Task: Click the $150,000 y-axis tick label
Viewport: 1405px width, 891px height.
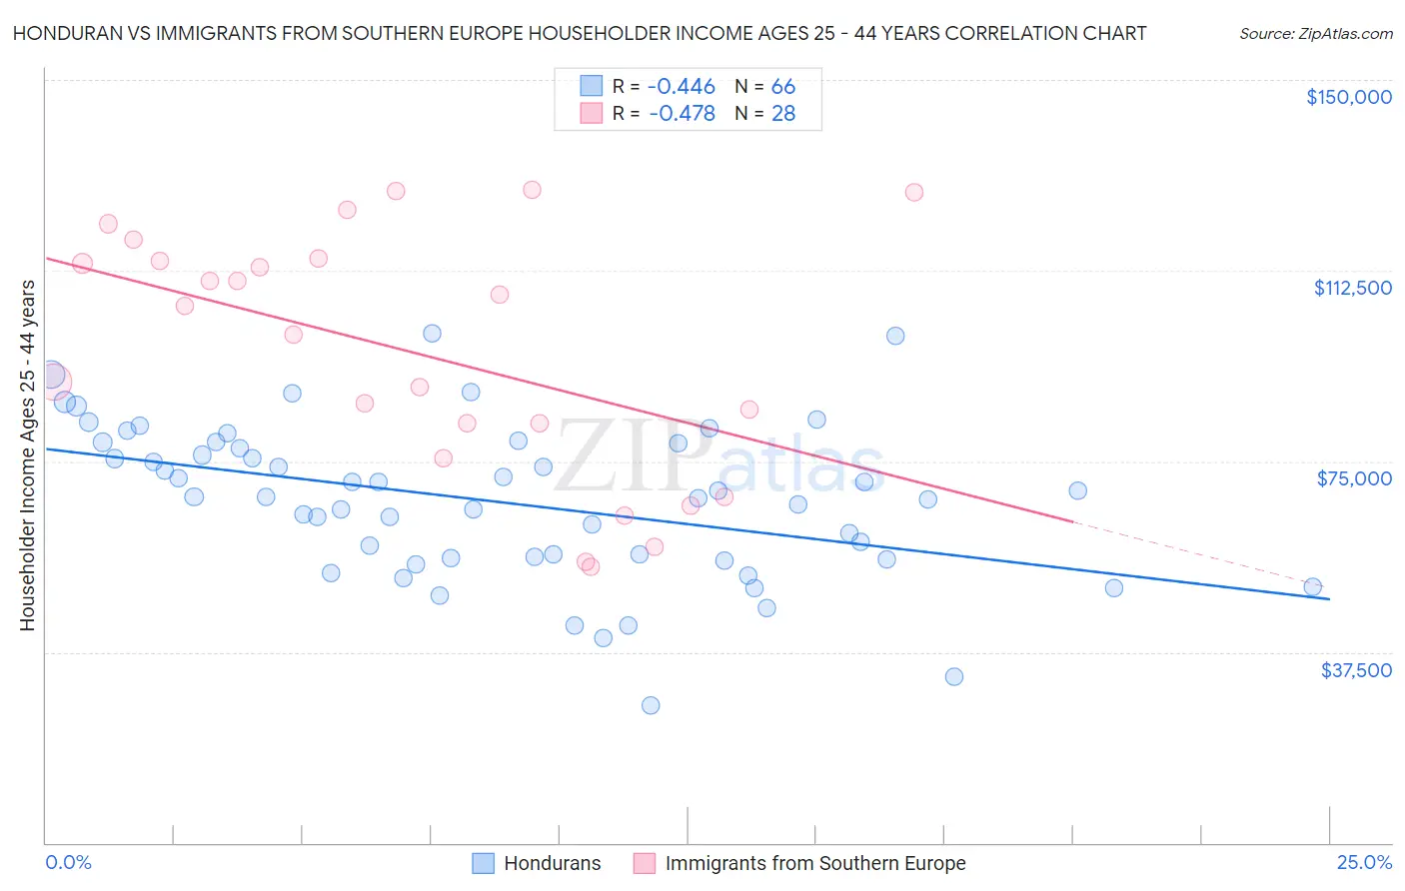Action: (x=1348, y=97)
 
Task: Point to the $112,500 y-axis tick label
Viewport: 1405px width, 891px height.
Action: (x=1351, y=288)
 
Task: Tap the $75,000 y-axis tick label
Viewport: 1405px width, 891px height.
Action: (x=1353, y=478)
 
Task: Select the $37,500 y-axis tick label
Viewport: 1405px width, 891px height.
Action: (x=1355, y=670)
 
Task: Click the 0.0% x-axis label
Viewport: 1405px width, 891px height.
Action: (x=68, y=862)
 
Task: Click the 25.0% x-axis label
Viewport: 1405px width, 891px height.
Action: (x=1364, y=862)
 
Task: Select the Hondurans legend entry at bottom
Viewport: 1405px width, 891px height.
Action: (x=552, y=863)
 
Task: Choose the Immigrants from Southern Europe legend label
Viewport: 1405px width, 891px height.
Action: (x=814, y=863)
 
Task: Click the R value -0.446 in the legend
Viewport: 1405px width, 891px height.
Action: (x=682, y=87)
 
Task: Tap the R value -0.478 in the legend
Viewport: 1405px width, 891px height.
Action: (x=682, y=114)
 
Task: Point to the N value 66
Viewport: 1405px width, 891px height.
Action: (x=782, y=87)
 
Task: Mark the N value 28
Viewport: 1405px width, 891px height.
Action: (x=782, y=114)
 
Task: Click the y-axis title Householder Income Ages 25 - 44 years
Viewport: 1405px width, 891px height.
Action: (x=28, y=455)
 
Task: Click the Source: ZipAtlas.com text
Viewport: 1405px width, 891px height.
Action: (x=1315, y=34)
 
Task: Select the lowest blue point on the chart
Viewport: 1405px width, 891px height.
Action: (x=651, y=705)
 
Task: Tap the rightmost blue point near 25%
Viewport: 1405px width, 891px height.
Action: (x=1312, y=587)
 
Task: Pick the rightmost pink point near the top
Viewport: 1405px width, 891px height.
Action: (x=913, y=192)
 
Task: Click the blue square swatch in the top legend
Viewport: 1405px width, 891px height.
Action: (x=592, y=87)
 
